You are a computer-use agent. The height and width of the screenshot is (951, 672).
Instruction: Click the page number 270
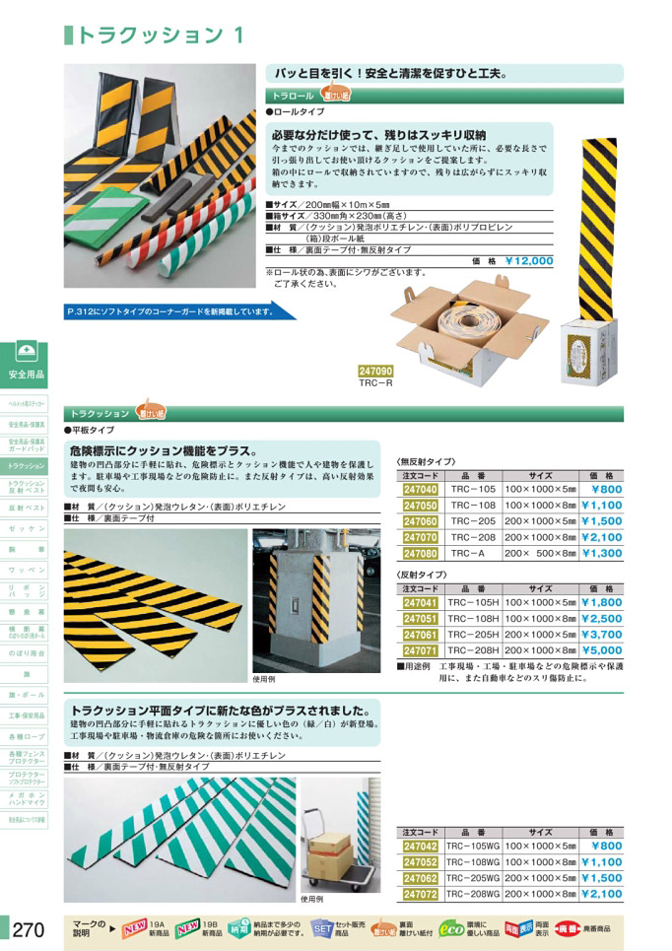pyautogui.click(x=28, y=928)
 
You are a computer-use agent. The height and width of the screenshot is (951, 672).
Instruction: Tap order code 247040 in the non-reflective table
pyautogui.click(x=421, y=489)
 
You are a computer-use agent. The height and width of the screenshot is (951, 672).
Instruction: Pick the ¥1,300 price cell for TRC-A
pyautogui.click(x=601, y=554)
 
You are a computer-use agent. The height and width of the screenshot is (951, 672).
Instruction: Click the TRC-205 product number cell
pyautogui.click(x=473, y=521)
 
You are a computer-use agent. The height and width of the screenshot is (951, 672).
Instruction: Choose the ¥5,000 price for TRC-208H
pyautogui.click(x=601, y=650)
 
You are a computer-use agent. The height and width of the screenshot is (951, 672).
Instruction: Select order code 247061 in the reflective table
pyautogui.click(x=421, y=635)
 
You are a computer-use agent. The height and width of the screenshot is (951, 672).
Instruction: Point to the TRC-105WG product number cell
pyautogui.click(x=473, y=846)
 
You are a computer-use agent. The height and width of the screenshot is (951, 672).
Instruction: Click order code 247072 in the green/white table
pyautogui.click(x=421, y=894)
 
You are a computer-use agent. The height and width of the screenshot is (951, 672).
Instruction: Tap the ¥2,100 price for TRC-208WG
pyautogui.click(x=601, y=894)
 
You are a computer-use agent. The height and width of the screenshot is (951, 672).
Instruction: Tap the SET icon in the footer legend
pyautogui.click(x=322, y=928)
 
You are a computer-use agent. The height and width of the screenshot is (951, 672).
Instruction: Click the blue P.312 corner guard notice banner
pyautogui.click(x=178, y=311)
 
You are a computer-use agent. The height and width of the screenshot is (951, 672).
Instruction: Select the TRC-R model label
pyautogui.click(x=376, y=384)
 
